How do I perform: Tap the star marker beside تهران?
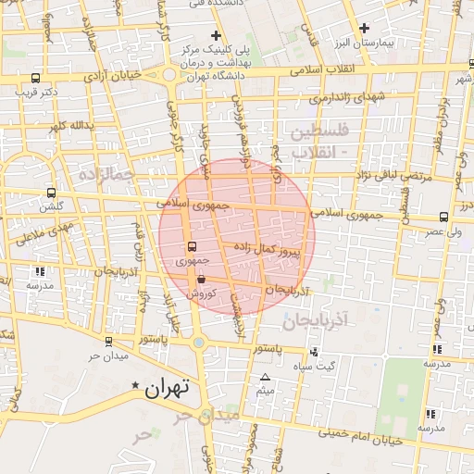click(136, 384)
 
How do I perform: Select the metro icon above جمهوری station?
click(192, 246)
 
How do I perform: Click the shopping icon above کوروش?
click(201, 278)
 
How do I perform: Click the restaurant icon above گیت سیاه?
click(315, 352)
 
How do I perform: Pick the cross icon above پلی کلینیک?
click(216, 35)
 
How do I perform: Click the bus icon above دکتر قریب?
click(35, 79)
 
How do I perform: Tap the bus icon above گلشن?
click(50, 193)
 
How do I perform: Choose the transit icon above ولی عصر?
click(444, 217)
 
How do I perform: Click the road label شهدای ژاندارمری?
click(346, 96)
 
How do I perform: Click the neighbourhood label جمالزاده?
click(107, 173)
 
